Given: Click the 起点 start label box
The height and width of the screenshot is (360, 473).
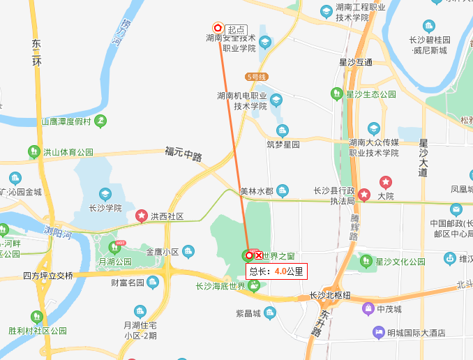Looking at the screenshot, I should [x=236, y=29].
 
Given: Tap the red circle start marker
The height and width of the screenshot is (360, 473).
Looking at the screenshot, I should [x=217, y=28].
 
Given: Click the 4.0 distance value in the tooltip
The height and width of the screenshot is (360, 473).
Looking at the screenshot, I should [x=281, y=271].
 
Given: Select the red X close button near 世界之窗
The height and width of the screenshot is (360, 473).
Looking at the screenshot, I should [x=259, y=255].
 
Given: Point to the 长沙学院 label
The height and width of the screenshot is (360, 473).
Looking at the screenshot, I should [x=105, y=208].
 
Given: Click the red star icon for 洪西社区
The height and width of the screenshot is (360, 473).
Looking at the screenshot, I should [x=142, y=216].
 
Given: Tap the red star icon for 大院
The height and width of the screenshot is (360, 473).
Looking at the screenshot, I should [x=385, y=183].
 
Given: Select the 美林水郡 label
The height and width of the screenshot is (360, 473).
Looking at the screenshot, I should [x=256, y=190].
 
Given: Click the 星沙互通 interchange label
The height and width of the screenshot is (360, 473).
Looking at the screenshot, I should [x=356, y=62].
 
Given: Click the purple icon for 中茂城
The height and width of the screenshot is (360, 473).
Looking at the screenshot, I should [x=367, y=309].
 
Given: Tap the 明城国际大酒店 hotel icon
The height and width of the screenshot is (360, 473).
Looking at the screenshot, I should [x=380, y=331].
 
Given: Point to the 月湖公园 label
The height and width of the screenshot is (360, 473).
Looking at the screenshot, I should [x=115, y=262].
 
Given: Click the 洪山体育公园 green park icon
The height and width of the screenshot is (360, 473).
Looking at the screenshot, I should [x=33, y=151].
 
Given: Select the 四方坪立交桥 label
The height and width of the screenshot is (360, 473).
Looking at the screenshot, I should [x=47, y=276].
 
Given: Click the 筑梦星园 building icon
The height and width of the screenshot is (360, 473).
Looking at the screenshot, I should [x=283, y=131].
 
